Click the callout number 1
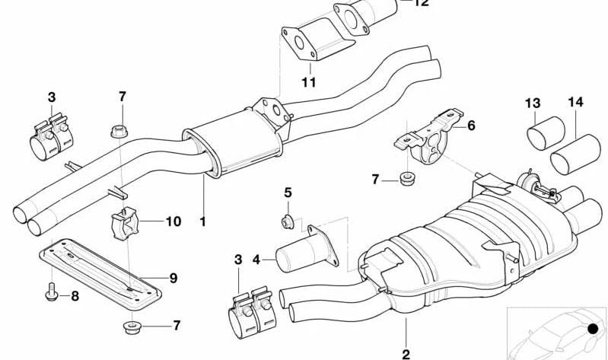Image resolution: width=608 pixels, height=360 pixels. coord(202,222)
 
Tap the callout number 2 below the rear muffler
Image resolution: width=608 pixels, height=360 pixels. coord(406,353)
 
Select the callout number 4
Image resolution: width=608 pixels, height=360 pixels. coord(257,260)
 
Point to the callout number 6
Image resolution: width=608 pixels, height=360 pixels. coord(471,126)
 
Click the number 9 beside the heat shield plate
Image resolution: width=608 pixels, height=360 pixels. coord(173,278)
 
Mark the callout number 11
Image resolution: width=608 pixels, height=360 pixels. coord(307,82)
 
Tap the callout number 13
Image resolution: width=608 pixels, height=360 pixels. coord(532,103)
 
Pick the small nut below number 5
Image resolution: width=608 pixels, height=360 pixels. coord(288,221)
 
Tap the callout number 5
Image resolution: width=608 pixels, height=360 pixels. coord(288,193)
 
